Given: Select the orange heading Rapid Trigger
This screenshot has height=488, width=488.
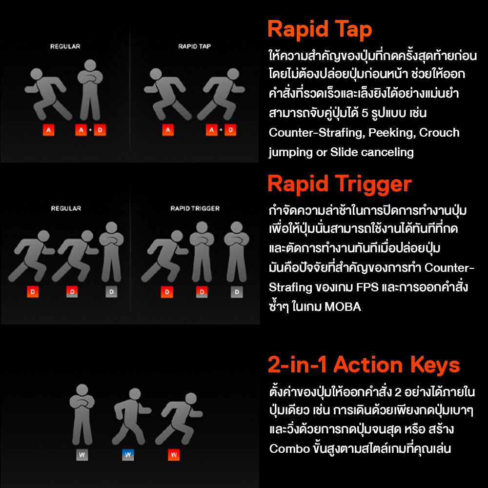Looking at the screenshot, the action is (340, 184).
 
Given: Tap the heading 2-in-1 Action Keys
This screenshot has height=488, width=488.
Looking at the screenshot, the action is (364, 364).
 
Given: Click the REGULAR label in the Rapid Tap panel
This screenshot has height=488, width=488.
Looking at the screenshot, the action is (65, 46).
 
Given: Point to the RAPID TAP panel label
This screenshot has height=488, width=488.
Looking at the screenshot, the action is (195, 46).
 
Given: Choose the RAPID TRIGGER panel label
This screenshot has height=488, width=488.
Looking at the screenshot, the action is (195, 208).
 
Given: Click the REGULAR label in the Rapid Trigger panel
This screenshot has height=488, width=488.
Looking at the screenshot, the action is (66, 208).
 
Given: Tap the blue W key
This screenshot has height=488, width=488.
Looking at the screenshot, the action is (127, 455).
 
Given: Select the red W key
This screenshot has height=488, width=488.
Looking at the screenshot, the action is (174, 455).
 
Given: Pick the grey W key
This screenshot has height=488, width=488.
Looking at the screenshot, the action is (82, 455).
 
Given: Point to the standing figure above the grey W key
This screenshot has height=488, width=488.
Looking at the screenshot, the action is (82, 414).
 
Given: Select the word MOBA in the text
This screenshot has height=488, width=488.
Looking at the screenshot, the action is (343, 307).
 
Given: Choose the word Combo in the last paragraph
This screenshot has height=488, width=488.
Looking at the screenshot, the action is (289, 449).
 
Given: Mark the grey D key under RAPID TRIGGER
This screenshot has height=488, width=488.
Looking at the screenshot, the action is (237, 292).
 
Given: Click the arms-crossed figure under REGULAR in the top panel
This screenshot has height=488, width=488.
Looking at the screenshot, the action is (90, 90).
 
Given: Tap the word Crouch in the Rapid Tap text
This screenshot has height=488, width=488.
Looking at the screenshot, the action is (439, 133).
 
